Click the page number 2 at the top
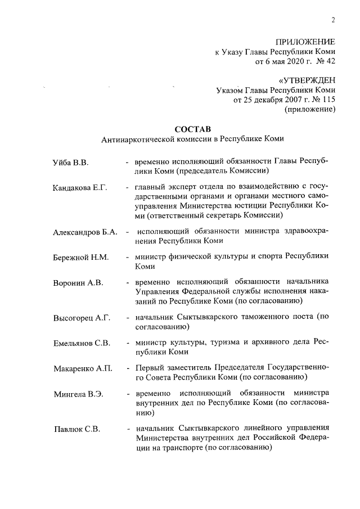coord(333,21)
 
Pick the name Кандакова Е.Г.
coord(80,186)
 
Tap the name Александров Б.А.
coord(85,232)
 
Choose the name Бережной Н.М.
coord(80,258)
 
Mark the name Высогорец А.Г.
coord(81,318)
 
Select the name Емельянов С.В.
coord(82,343)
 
